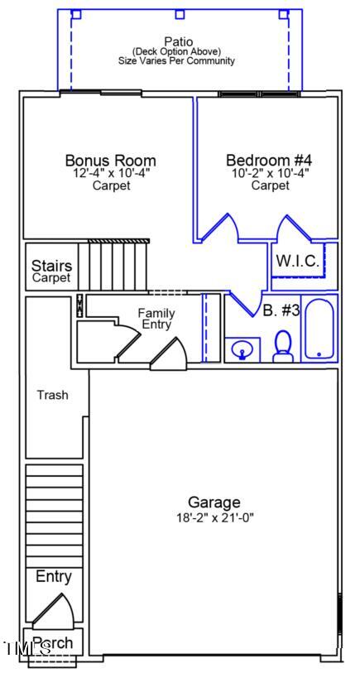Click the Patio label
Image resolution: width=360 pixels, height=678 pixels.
coord(178,41)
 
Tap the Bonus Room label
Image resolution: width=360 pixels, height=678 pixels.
coord(110,161)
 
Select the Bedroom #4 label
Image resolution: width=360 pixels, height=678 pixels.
coord(271,161)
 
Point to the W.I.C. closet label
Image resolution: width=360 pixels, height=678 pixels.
coord(297,261)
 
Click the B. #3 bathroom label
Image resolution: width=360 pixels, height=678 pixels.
coord(281,311)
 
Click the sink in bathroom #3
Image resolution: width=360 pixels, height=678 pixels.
coord(242,350)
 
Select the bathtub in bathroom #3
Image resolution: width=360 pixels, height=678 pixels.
coord(319,329)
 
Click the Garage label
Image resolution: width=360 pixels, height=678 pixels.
coord(214,502)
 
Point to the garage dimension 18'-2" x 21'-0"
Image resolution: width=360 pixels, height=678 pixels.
coord(214,517)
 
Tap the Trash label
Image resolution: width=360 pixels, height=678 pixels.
coord(52,395)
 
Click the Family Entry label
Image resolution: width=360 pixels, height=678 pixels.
coord(156,319)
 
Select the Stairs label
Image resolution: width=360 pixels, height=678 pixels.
coord(51,267)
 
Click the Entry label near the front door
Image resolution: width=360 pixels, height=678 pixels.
coord(53,577)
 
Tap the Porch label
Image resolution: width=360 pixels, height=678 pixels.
coord(52,642)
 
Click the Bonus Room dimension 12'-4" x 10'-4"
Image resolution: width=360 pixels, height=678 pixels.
coord(110,174)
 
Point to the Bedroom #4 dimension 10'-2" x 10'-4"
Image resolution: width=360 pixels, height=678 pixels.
coord(271,174)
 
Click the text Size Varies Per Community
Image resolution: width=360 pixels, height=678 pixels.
coord(178,61)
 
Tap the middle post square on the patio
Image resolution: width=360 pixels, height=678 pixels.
coord(180,14)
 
